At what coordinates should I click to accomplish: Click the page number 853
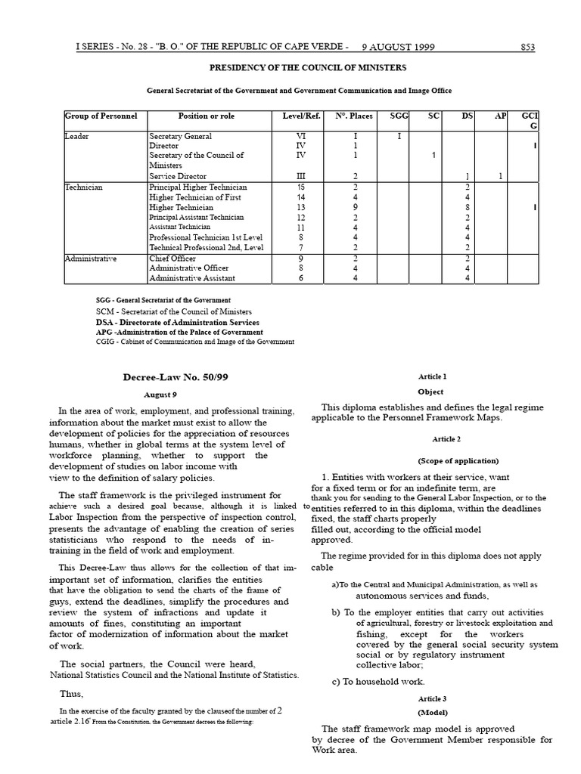coord(527,47)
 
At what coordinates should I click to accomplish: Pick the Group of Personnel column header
coord(101,116)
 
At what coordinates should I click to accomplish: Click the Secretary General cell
coord(180,136)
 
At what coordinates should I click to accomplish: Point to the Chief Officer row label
coord(172,259)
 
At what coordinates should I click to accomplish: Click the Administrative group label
coord(91,259)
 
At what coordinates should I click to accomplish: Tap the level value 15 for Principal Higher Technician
coord(300,187)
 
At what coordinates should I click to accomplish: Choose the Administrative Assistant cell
coord(192,278)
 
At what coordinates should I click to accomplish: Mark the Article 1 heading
coord(432,376)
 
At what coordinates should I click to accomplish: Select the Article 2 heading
coord(446,439)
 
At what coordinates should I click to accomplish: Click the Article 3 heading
coord(432,699)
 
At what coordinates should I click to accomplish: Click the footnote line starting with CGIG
coord(195,342)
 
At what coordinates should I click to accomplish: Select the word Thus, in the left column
coord(72,694)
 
